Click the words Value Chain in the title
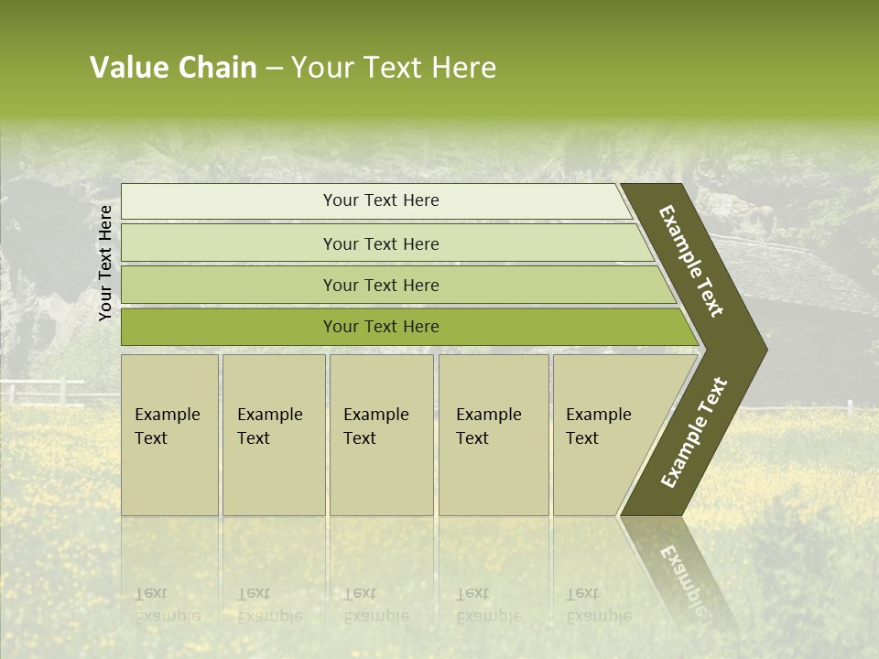173,68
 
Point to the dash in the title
274,68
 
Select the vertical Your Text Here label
105,263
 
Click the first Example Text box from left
169,435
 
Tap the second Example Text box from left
274,435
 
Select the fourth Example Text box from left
494,435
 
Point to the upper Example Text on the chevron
692,261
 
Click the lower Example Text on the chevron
694,432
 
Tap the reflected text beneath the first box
168,604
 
